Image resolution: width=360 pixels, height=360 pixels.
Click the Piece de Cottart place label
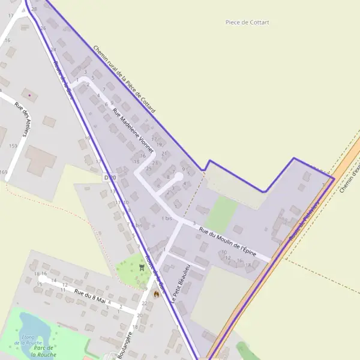(x=247, y=22)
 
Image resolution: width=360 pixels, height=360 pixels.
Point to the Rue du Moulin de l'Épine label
(x=227, y=239)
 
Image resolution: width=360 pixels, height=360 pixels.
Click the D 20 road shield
(x=109, y=178)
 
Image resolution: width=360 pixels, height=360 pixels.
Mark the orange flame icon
(x=157, y=295)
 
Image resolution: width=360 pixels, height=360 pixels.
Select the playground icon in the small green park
(x=142, y=267)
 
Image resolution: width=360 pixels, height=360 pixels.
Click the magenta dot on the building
(x=28, y=95)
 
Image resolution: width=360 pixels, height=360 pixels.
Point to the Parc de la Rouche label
(x=45, y=351)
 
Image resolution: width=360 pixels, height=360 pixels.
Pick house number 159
(x=13, y=146)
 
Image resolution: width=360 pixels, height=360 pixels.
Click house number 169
(x=5, y=172)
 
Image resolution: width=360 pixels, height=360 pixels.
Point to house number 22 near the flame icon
(x=144, y=304)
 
